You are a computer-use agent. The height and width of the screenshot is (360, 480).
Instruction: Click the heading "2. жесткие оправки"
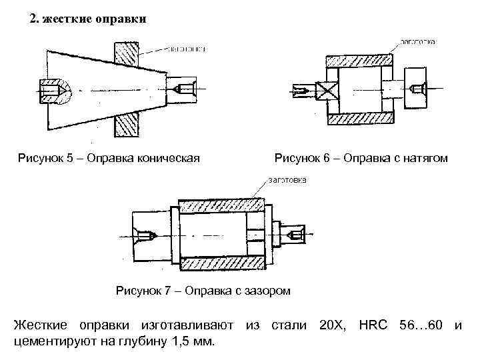pyautogui.click(x=87, y=19)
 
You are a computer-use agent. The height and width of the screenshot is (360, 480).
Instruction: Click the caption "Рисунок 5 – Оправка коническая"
pyautogui.click(x=109, y=158)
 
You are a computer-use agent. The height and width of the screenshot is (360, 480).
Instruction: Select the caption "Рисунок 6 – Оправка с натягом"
pyautogui.click(x=361, y=158)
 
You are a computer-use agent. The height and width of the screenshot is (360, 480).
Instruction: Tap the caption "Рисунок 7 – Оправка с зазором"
pyautogui.click(x=203, y=290)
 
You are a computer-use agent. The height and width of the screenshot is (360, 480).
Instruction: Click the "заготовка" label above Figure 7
pyautogui.click(x=287, y=179)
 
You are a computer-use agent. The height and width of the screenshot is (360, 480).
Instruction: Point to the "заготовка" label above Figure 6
pyautogui.click(x=418, y=41)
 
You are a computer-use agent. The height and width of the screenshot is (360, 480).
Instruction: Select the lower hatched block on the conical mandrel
pyautogui.click(x=126, y=124)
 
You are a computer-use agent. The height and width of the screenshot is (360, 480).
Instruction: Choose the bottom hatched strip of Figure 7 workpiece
pyautogui.click(x=220, y=265)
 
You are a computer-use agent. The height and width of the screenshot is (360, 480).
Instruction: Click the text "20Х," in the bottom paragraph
pyautogui.click(x=332, y=325)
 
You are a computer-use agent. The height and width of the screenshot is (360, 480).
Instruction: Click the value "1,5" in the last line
pyautogui.click(x=171, y=343)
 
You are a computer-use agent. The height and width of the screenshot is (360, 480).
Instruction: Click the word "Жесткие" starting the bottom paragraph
pyautogui.click(x=41, y=325)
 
